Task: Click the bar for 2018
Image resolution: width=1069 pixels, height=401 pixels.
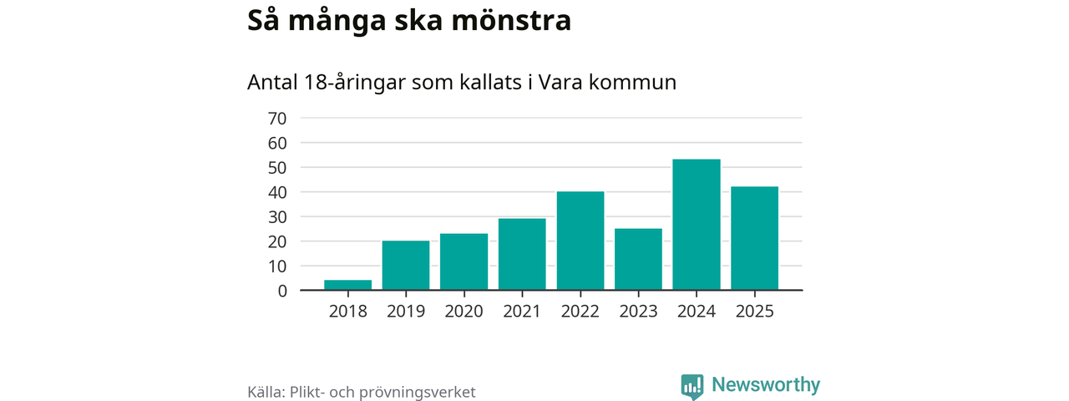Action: tap(347, 285)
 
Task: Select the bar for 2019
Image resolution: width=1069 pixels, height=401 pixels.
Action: tap(406, 266)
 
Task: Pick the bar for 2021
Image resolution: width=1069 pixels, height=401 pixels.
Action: tap(522, 254)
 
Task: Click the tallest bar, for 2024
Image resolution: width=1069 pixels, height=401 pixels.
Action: tap(697, 225)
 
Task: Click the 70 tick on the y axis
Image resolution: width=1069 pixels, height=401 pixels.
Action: tap(276, 119)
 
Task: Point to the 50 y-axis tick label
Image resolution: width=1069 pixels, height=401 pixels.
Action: tap(276, 168)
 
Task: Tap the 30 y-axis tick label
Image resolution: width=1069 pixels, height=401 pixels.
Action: tap(276, 217)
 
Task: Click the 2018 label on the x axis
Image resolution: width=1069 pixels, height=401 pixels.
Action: tap(347, 312)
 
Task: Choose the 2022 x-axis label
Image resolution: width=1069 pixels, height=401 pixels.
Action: tap(580, 312)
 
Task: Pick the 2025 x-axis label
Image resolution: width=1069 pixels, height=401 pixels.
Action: tap(754, 312)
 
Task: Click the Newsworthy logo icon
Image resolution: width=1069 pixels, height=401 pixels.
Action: tap(692, 386)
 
